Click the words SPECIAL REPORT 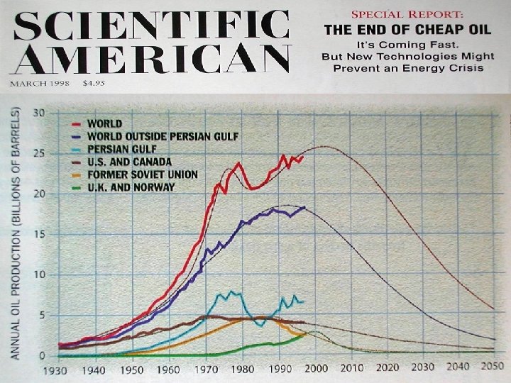coord(402,13)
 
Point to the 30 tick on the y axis coord(39,113)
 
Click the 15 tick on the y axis coord(40,235)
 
